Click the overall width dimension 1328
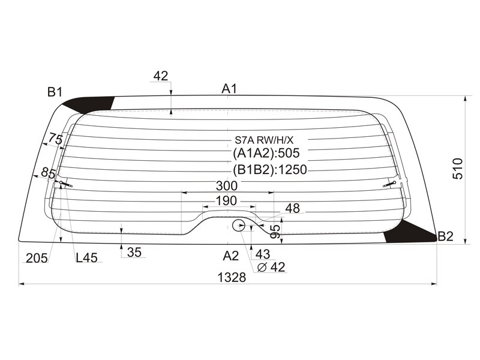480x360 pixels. point(232,277)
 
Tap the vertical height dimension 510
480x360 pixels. point(458,169)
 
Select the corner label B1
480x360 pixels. point(55,92)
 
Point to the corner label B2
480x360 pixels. point(445,236)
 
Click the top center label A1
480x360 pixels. point(229,89)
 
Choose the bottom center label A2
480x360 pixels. point(230,256)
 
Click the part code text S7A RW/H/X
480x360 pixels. point(264,140)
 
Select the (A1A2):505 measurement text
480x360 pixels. point(266,153)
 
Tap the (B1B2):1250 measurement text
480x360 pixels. point(269,169)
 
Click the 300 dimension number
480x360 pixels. point(227,185)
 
